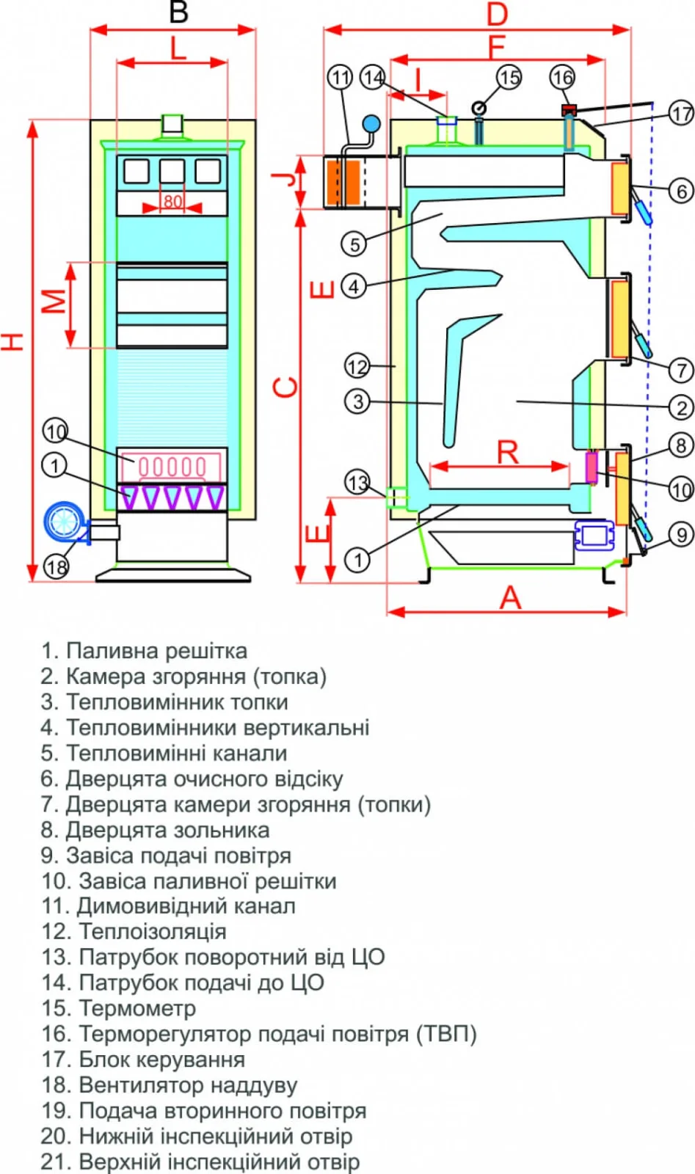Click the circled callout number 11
click(x=340, y=77)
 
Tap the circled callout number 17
click(x=681, y=113)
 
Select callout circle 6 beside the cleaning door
click(x=681, y=191)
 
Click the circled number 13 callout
click(x=357, y=482)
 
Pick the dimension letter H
click(x=13, y=340)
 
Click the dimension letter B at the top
click(x=178, y=12)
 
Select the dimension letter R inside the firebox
click(x=508, y=452)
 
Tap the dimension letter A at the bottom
click(x=510, y=598)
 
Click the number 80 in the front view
click(x=172, y=201)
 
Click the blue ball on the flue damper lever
click(x=371, y=124)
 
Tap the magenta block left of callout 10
click(x=592, y=467)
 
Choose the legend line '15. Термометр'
click(x=119, y=1008)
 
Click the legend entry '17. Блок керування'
click(x=143, y=1060)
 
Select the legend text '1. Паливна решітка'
click(x=145, y=651)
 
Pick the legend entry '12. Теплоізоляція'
click(x=134, y=932)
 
